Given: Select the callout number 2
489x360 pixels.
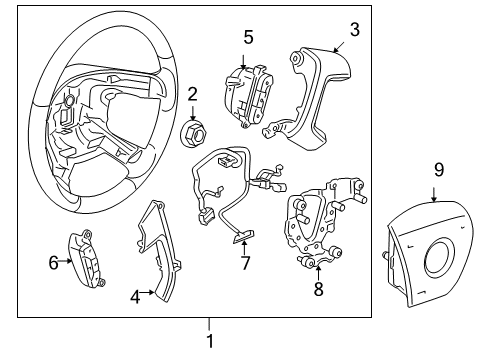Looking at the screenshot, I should [x=191, y=95].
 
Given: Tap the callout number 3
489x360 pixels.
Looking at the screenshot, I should [x=353, y=29].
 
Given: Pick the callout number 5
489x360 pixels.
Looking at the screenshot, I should [x=249, y=37].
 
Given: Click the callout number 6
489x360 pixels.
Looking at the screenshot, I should [x=53, y=262].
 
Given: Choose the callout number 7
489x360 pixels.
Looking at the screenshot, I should [x=243, y=263].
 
